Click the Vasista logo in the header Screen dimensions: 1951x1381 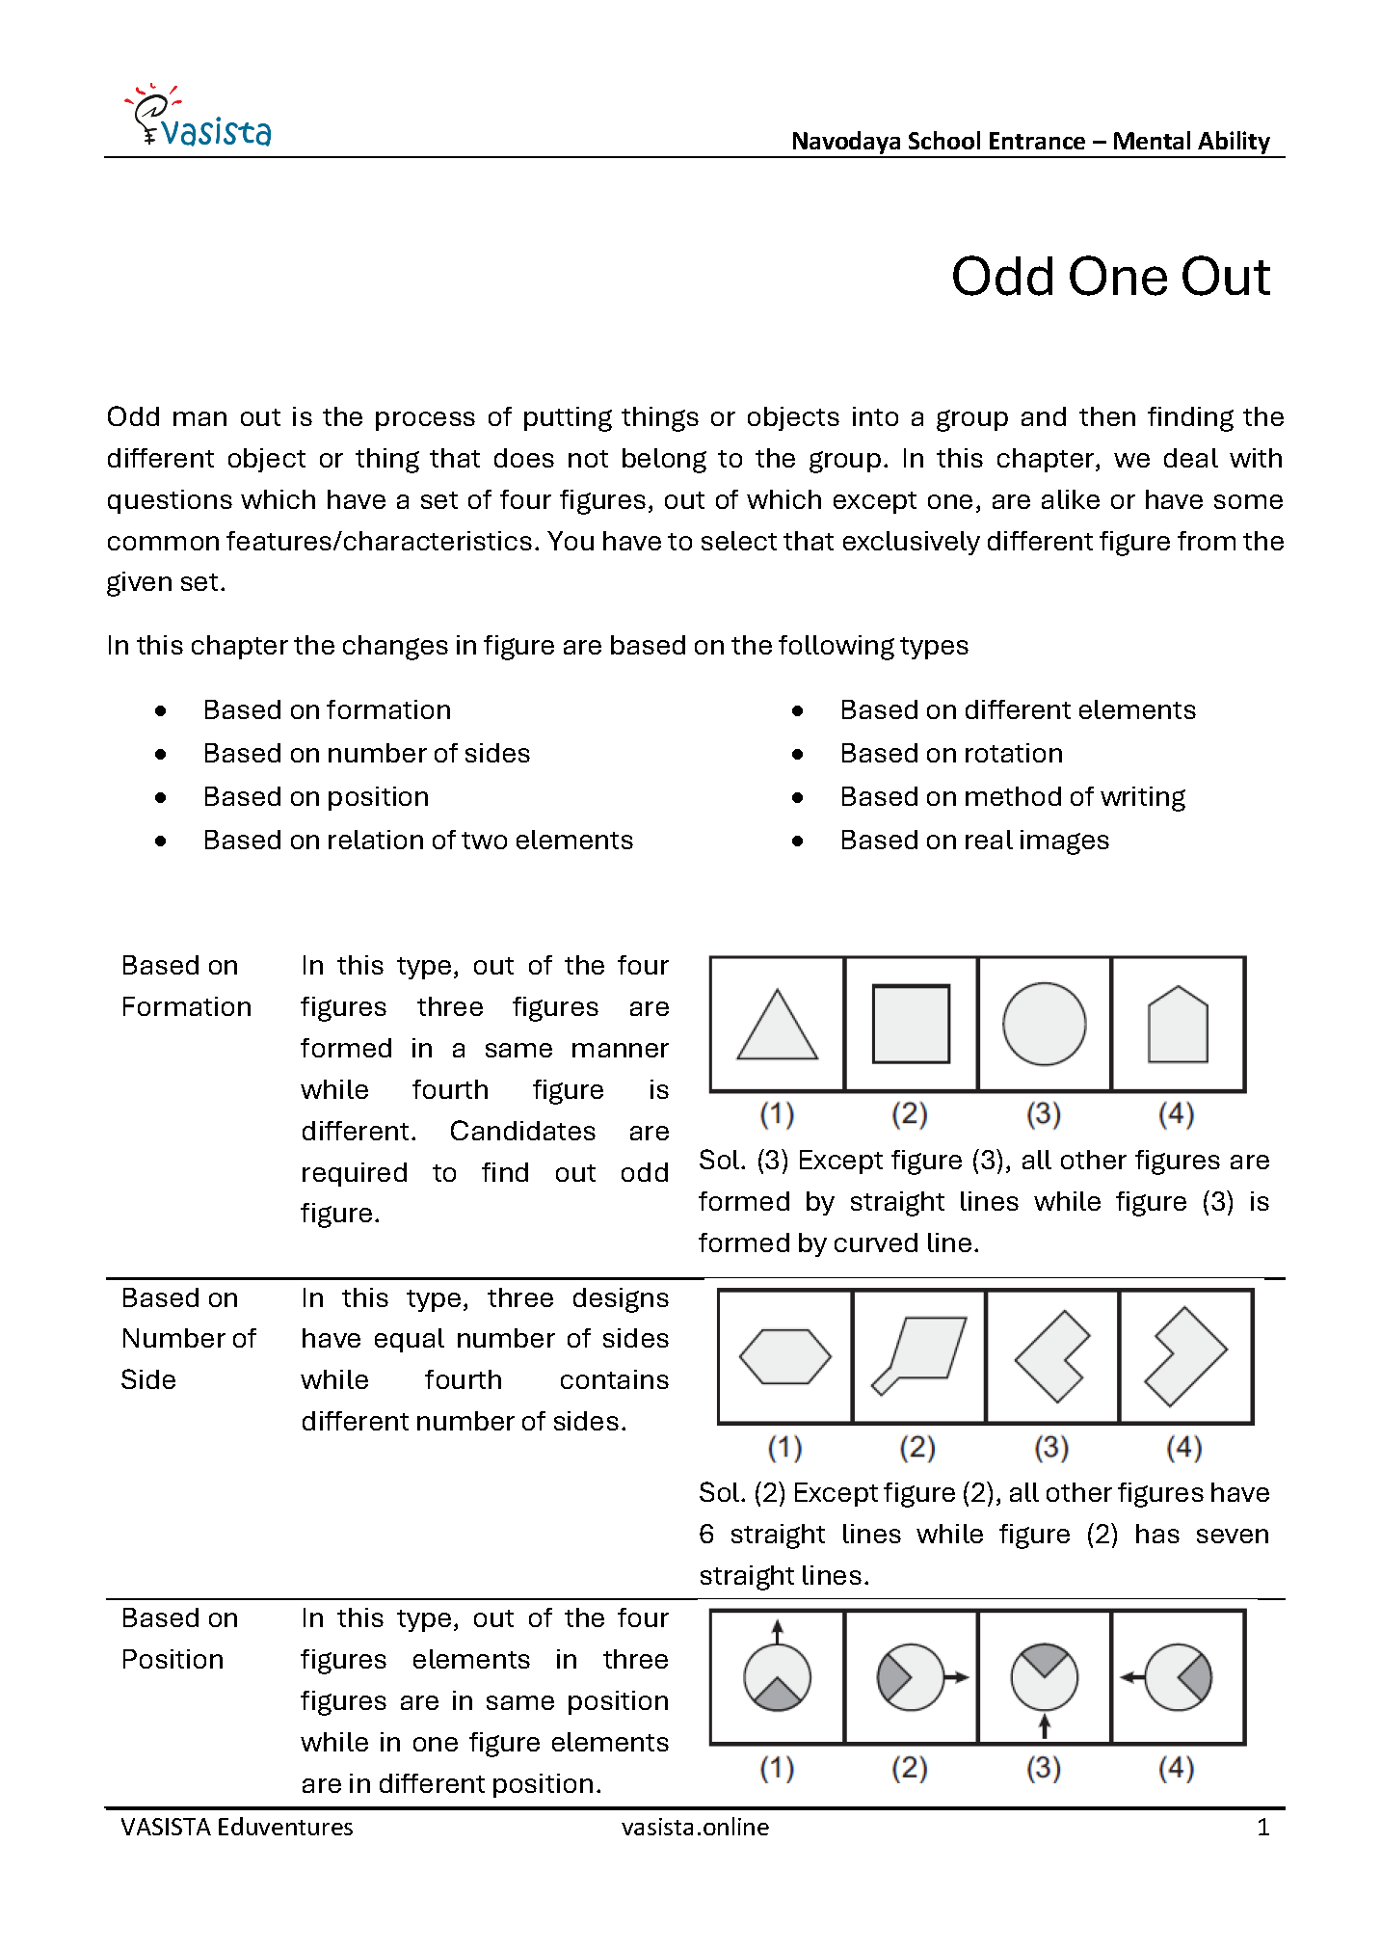199,119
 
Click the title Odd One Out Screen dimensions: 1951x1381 1110,277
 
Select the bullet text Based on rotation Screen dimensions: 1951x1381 951,754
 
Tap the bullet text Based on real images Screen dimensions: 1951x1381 974,841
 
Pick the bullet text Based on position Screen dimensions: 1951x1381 316,797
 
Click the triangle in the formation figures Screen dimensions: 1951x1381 777,1028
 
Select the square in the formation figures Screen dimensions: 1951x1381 911,1024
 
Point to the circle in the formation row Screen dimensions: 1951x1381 1044,1024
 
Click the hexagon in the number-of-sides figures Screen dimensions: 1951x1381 784,1357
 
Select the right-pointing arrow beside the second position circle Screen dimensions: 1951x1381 956,1677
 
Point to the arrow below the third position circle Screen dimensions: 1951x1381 1044,1724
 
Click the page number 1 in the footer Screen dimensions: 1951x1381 1262,1827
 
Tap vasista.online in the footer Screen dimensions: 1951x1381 695,1827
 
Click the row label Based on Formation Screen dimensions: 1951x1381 186,986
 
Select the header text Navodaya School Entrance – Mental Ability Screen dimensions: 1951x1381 1030,142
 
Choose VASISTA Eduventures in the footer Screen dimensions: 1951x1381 237,1827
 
